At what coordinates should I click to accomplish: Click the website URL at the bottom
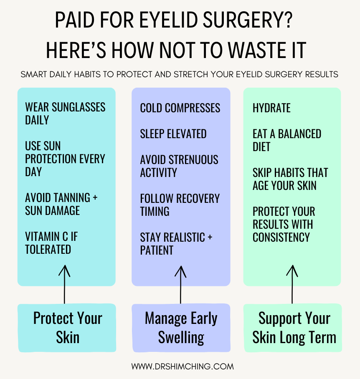(183, 366)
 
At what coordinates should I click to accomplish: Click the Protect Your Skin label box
(67, 328)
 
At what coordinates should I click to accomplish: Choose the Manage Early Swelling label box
(181, 328)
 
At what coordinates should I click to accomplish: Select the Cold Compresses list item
(180, 108)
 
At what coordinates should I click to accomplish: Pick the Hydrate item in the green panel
(271, 108)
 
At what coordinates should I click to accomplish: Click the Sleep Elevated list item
(173, 134)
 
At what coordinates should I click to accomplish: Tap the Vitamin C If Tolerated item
(51, 243)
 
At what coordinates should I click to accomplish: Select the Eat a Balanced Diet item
(286, 140)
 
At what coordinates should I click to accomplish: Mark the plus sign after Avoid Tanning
(94, 197)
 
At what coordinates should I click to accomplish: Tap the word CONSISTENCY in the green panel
(281, 237)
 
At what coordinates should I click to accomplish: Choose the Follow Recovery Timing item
(180, 205)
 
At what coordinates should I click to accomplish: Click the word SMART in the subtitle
(33, 75)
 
